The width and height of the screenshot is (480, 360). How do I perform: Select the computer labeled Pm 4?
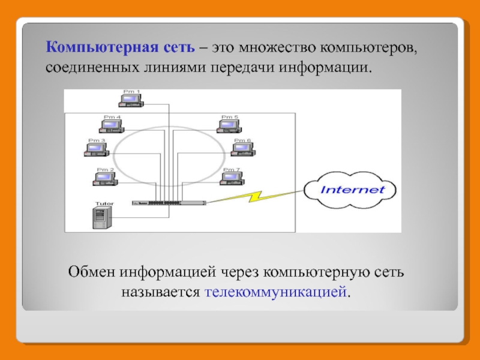112,125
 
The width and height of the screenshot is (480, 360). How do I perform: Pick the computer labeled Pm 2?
106,178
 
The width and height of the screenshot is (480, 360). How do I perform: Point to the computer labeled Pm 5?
229,125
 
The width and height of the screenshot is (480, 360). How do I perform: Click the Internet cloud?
352,190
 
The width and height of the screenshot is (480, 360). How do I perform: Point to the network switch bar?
169,203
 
